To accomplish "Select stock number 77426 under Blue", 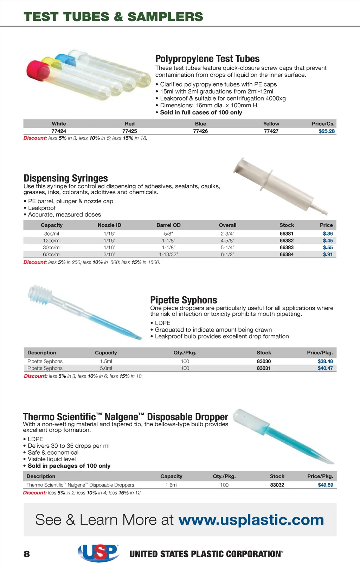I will click(x=200, y=131).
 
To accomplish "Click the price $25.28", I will click(x=327, y=131).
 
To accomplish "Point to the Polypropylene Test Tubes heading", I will click(x=207, y=59).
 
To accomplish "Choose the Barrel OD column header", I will click(x=168, y=225).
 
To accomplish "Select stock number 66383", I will click(x=287, y=248).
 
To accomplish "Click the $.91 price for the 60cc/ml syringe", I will click(x=328, y=254).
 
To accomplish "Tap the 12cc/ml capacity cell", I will click(x=52, y=241).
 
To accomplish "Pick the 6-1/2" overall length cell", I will click(x=227, y=254).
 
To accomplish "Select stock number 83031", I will click(x=264, y=368).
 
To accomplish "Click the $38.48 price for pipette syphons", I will click(x=325, y=361).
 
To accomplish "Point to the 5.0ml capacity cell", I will click(x=106, y=368).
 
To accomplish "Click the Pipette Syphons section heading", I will click(x=184, y=300).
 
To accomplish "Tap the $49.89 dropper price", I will click(x=326, y=485).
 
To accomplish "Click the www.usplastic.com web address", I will click(x=251, y=520).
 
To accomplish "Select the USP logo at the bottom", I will click(x=98, y=553).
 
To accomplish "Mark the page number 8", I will click(x=27, y=554).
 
